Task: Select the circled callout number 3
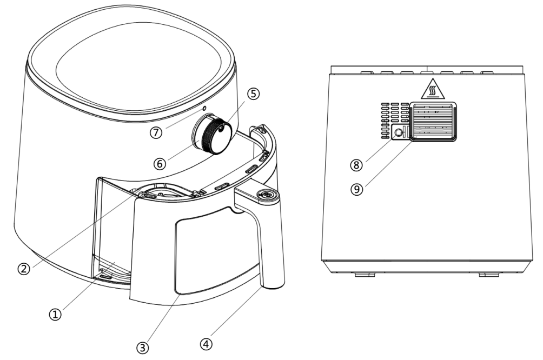tap(142, 348)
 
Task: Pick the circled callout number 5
tap(254, 94)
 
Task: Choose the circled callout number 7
tap(156, 132)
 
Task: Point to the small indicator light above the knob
tap(204, 109)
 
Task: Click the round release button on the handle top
tap(266, 195)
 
